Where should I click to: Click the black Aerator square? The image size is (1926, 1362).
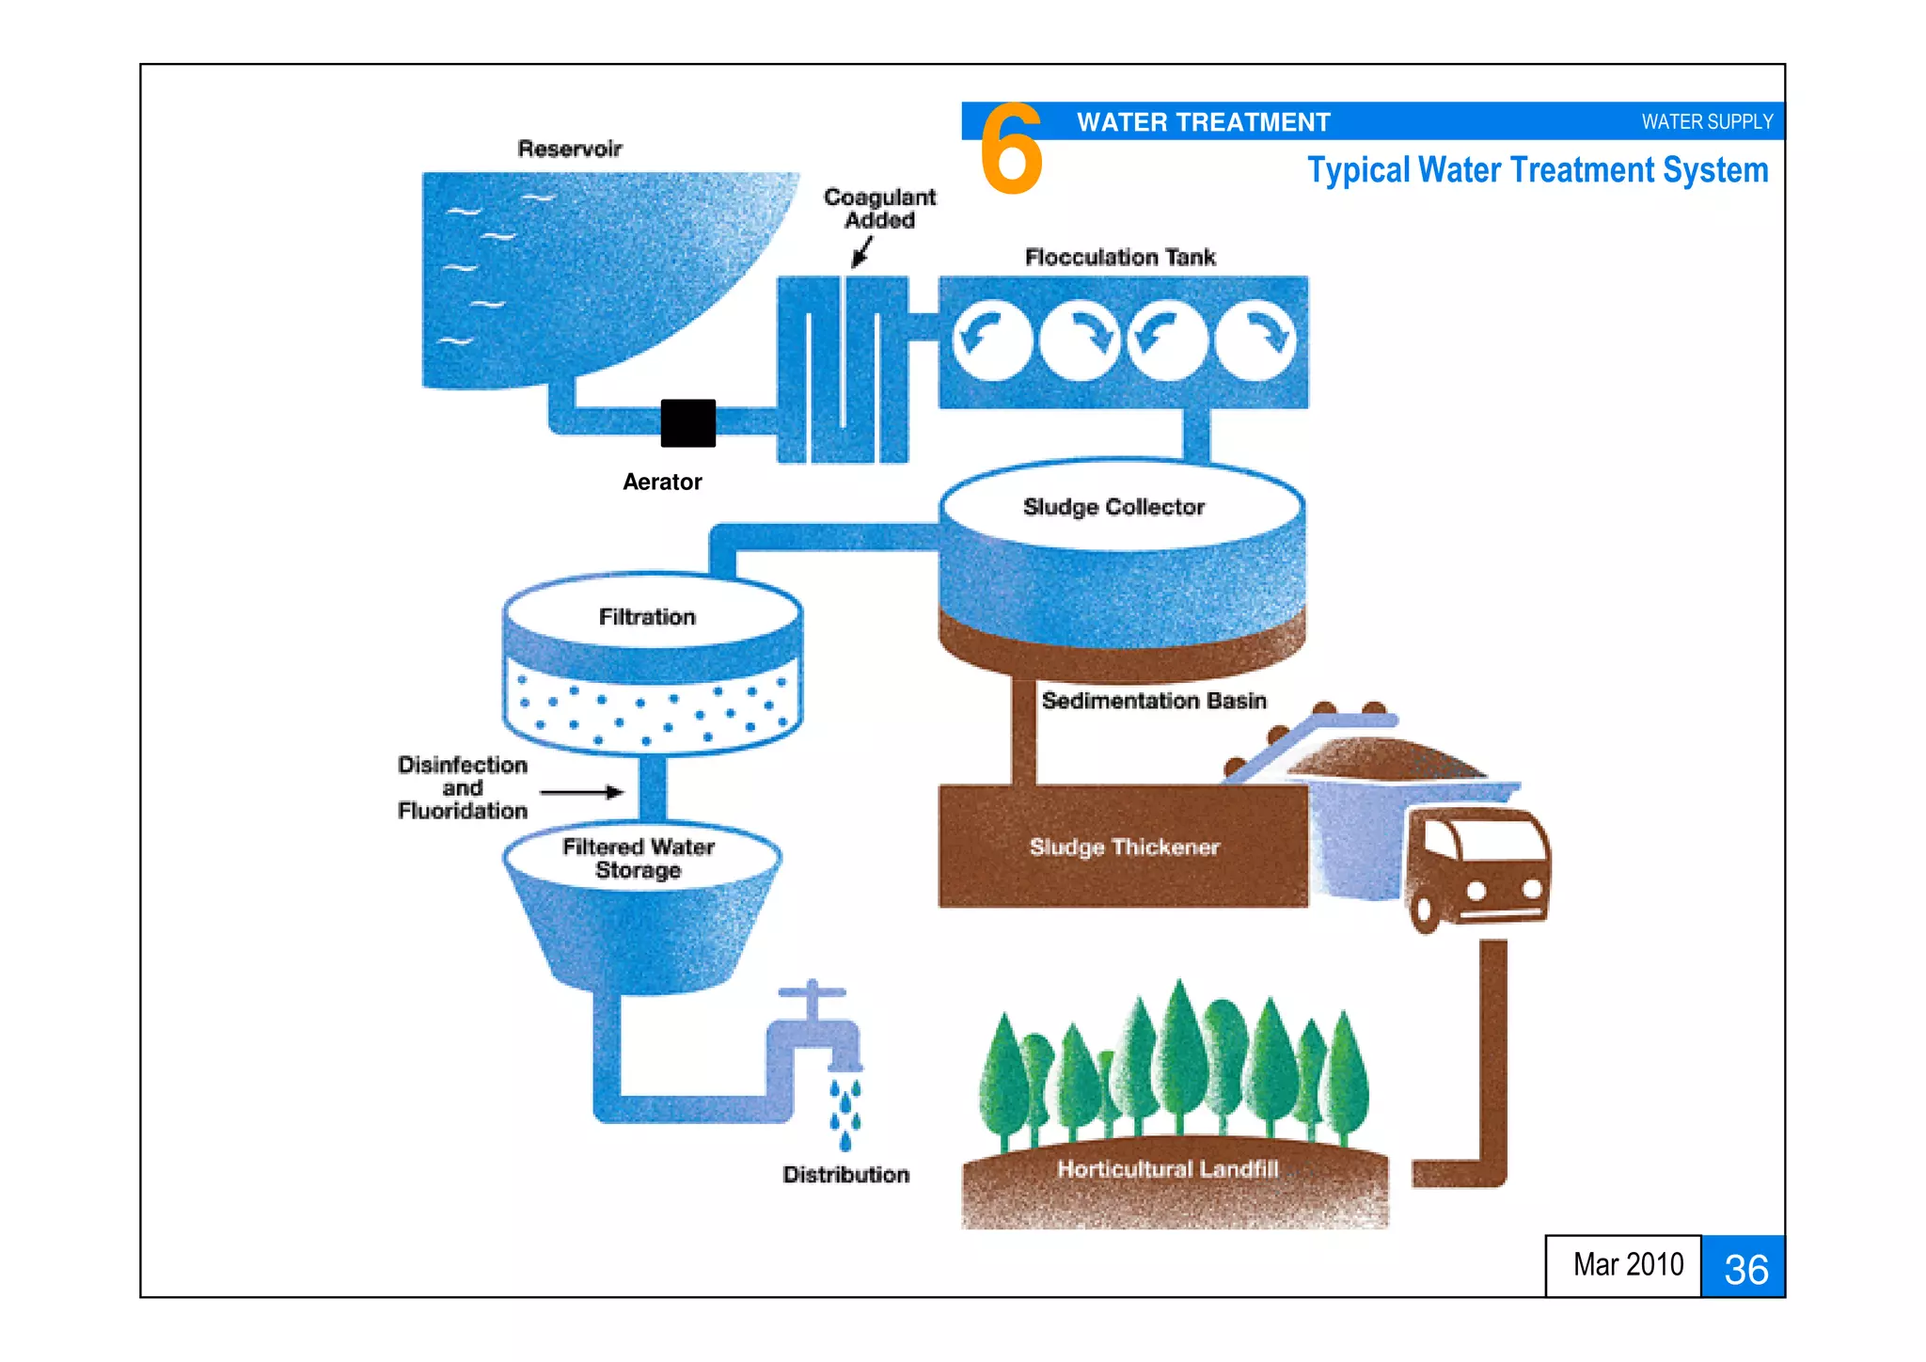(687, 423)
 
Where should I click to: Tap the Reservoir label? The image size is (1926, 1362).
(569, 149)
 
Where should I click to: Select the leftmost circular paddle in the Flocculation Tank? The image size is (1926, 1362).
(991, 340)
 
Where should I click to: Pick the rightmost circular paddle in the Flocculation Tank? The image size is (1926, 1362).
(1256, 340)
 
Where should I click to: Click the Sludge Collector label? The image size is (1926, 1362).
(1113, 507)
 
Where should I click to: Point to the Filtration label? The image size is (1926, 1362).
(647, 617)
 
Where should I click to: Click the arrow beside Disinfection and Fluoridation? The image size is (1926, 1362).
(581, 792)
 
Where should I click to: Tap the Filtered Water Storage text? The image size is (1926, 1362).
(639, 858)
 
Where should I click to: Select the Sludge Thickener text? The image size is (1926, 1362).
(1124, 847)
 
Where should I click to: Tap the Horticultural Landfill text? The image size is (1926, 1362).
(1167, 1168)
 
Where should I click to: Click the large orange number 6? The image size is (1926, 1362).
(1011, 149)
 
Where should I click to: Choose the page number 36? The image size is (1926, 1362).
(1745, 1269)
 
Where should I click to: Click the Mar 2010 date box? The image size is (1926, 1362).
(1627, 1265)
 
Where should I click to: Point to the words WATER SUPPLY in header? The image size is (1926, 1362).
(1707, 122)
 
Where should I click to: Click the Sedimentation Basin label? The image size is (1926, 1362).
(1154, 701)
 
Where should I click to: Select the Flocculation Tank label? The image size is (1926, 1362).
(1119, 258)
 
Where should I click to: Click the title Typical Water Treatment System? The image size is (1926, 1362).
(1538, 171)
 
